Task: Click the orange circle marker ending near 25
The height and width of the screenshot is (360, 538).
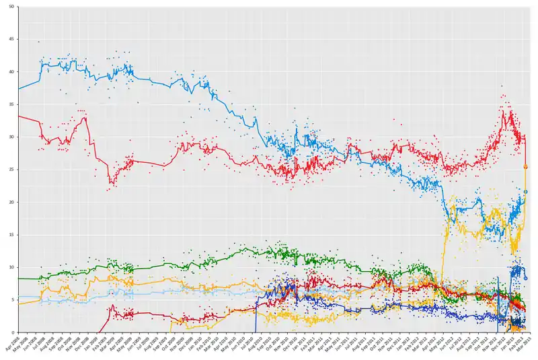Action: (526, 166)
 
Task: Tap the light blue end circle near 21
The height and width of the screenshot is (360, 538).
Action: (526, 192)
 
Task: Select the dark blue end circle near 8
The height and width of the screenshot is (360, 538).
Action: (526, 278)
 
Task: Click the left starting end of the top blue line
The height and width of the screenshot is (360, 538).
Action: (19, 89)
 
